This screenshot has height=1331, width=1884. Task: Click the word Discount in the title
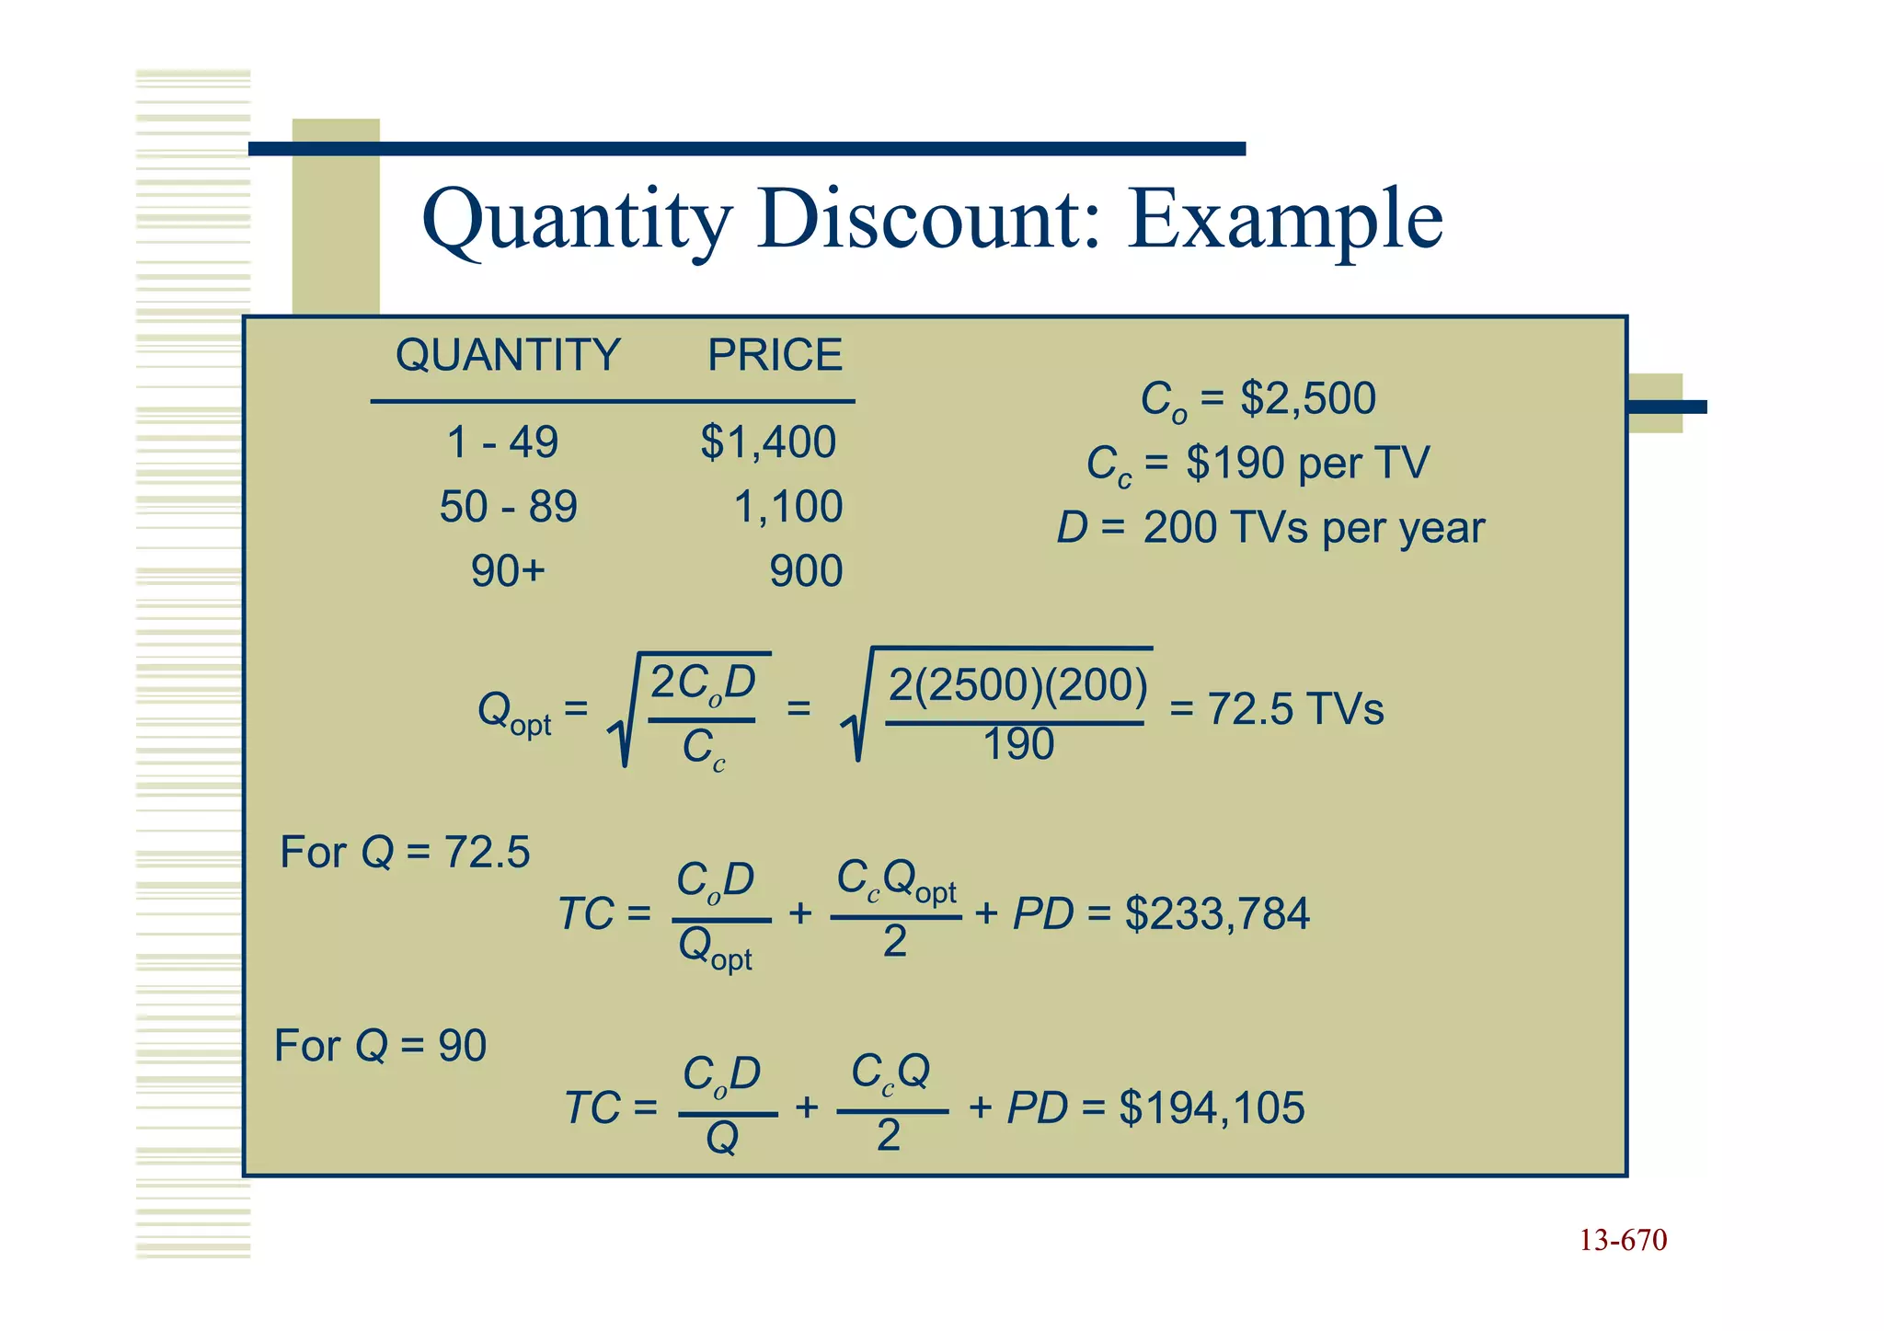pos(928,219)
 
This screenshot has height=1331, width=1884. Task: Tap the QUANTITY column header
pos(508,355)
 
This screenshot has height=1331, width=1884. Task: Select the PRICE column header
pos(775,355)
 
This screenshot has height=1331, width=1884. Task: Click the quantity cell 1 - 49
pos(502,442)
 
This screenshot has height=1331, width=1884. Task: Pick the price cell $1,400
pos(768,442)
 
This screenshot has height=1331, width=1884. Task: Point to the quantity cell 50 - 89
pos(508,507)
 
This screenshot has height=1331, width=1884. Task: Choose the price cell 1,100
pos(788,507)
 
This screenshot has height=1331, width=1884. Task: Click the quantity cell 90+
pos(508,571)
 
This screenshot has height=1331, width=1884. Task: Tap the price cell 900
pos(806,571)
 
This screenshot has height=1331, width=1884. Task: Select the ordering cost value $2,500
pos(1307,399)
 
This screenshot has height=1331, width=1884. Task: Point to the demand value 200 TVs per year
pos(1314,528)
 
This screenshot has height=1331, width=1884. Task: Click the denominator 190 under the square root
pos(1017,744)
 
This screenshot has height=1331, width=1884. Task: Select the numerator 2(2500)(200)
pos(1017,685)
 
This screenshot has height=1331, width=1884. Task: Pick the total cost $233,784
pos(1217,914)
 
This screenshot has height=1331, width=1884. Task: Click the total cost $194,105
pos(1212,1107)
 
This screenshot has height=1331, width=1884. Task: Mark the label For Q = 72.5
pos(405,852)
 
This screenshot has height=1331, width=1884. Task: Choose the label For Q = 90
pos(380,1046)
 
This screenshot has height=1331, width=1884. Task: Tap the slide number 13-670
pos(1623,1241)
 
